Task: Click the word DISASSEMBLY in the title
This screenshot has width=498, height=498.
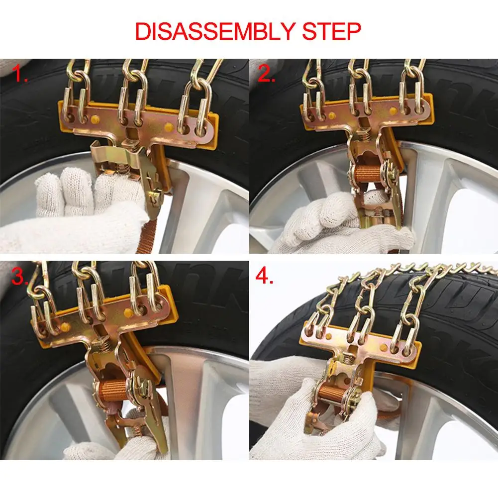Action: [215, 31]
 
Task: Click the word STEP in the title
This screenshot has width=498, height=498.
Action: [331, 31]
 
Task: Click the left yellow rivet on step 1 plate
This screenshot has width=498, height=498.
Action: [95, 119]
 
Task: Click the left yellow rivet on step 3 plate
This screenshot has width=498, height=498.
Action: [66, 326]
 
